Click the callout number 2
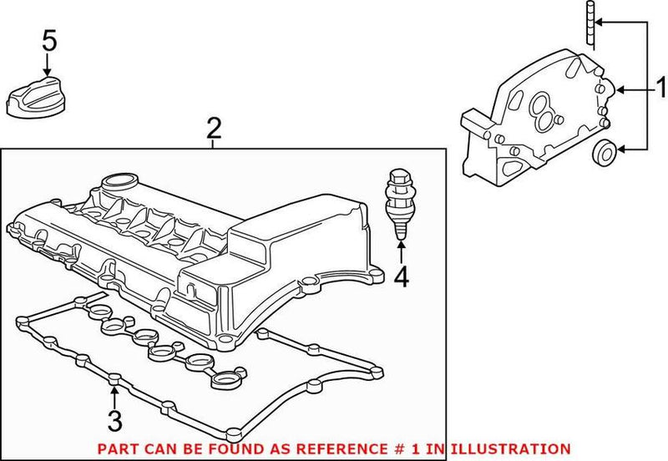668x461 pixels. (x=214, y=129)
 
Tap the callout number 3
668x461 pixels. (x=115, y=418)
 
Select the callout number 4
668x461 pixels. (x=402, y=276)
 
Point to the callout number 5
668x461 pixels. (x=50, y=40)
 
